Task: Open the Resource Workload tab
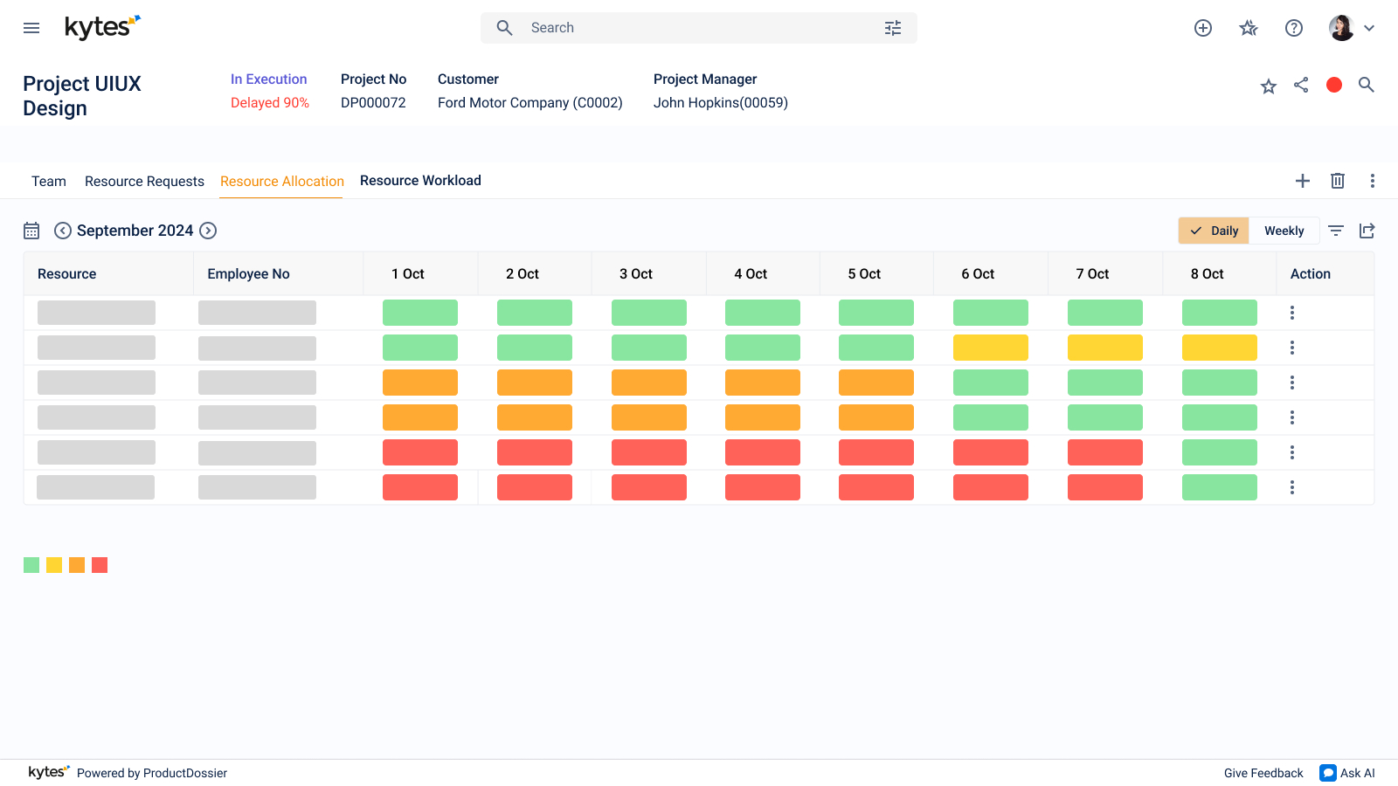pyautogui.click(x=420, y=180)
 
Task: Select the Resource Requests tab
pyautogui.click(x=144, y=181)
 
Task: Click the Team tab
pyautogui.click(x=49, y=181)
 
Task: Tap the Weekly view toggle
pyautogui.click(x=1284, y=231)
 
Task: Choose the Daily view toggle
pyautogui.click(x=1214, y=231)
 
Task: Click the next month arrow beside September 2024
pyautogui.click(x=208, y=231)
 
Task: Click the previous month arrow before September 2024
pyautogui.click(x=62, y=231)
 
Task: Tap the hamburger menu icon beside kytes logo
pyautogui.click(x=31, y=28)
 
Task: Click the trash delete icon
pyautogui.click(x=1338, y=181)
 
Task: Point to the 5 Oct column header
pyautogui.click(x=864, y=274)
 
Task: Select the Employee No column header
pyautogui.click(x=248, y=274)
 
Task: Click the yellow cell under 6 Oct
pyautogui.click(x=991, y=348)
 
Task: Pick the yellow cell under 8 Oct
pyautogui.click(x=1220, y=348)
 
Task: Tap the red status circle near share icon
pyautogui.click(x=1334, y=85)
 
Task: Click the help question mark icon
pyautogui.click(x=1294, y=28)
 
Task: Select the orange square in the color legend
pyautogui.click(x=77, y=565)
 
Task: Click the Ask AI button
pyautogui.click(x=1347, y=773)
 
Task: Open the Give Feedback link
pyautogui.click(x=1263, y=773)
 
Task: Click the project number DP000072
pyautogui.click(x=373, y=102)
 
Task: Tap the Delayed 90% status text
pyautogui.click(x=270, y=102)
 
